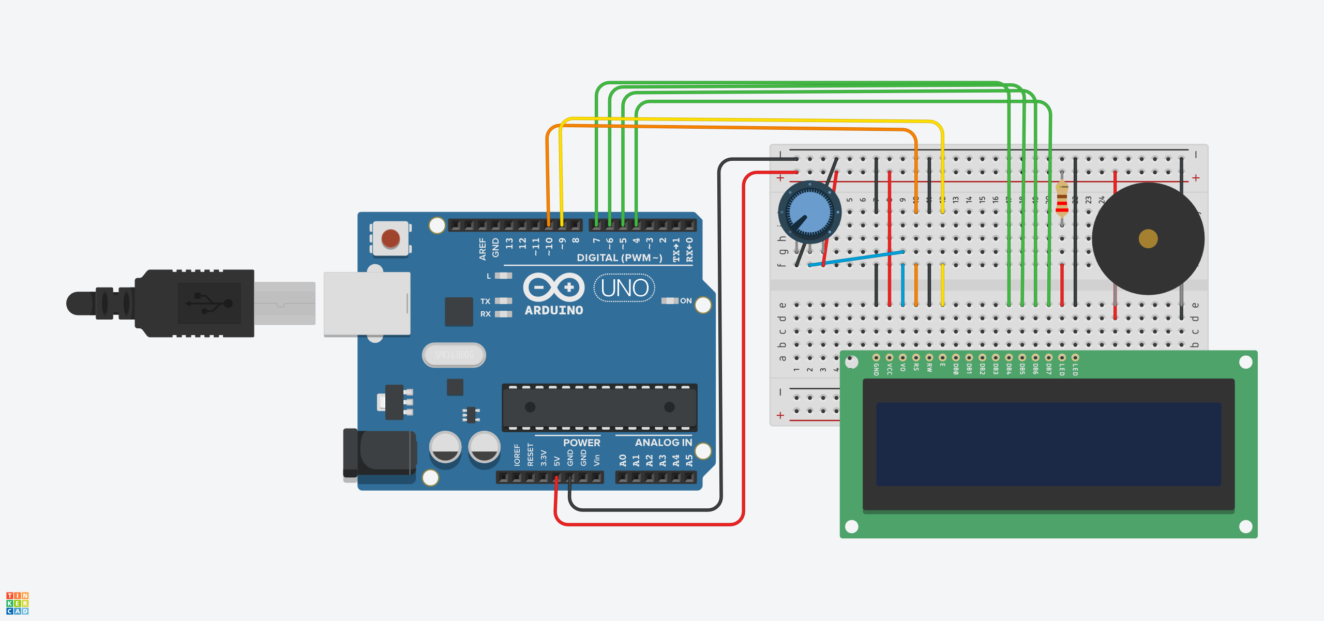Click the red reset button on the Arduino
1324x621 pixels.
pyautogui.click(x=390, y=239)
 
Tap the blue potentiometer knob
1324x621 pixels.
pyautogui.click(x=809, y=212)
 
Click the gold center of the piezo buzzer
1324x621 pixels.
pyautogui.click(x=1148, y=238)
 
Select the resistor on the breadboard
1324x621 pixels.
pyautogui.click(x=1062, y=199)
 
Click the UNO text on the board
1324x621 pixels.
pyautogui.click(x=625, y=288)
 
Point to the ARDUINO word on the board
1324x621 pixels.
pyautogui.click(x=554, y=310)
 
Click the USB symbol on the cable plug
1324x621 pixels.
pyautogui.click(x=209, y=303)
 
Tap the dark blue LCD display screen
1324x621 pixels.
pyautogui.click(x=1048, y=444)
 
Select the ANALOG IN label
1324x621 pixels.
pyautogui.click(x=663, y=443)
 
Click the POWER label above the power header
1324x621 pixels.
pyautogui.click(x=581, y=443)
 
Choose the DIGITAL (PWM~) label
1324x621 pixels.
pyautogui.click(x=619, y=258)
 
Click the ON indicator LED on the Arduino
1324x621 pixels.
pyautogui.click(x=670, y=301)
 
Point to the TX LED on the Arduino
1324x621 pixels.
pyautogui.click(x=503, y=301)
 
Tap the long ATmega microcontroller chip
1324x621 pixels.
pyautogui.click(x=600, y=407)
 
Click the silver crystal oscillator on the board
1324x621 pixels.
pyautogui.click(x=454, y=355)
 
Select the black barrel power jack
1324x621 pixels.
pyautogui.click(x=380, y=453)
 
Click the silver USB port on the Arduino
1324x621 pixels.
pyautogui.click(x=367, y=304)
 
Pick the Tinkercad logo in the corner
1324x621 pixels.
pyautogui.click(x=17, y=603)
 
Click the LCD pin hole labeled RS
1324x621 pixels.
pyautogui.click(x=916, y=357)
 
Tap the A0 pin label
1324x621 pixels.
pyautogui.click(x=623, y=460)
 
